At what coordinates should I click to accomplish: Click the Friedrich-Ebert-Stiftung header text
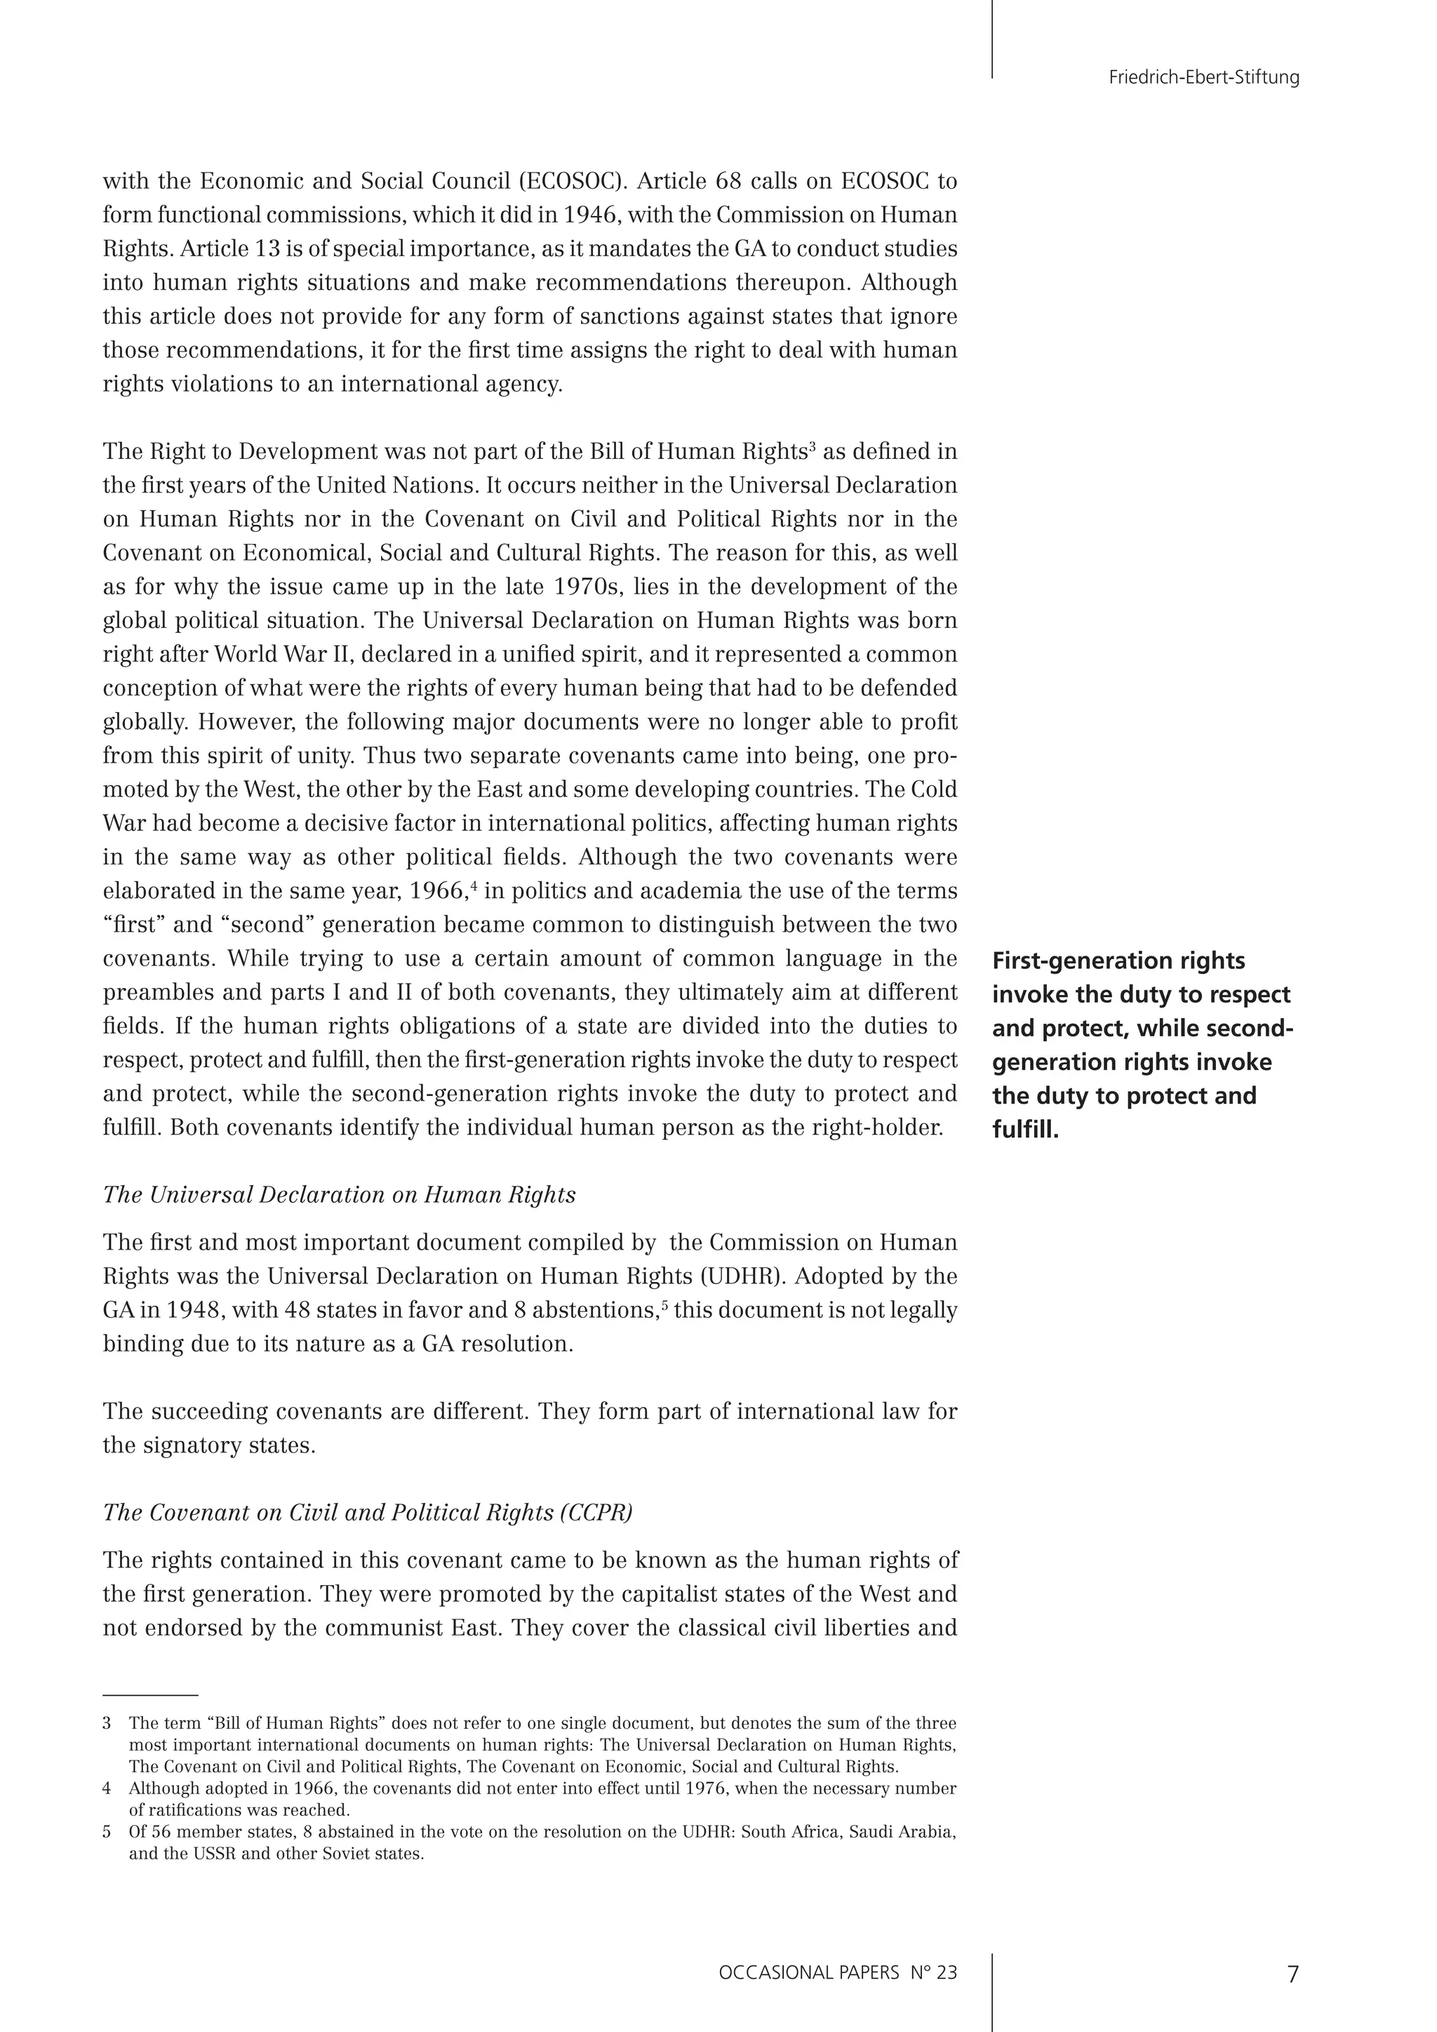(1203, 78)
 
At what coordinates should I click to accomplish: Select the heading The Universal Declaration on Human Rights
(339, 1195)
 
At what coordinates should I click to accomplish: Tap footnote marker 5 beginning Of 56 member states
(107, 1832)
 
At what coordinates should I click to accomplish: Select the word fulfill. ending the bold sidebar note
(1026, 1130)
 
